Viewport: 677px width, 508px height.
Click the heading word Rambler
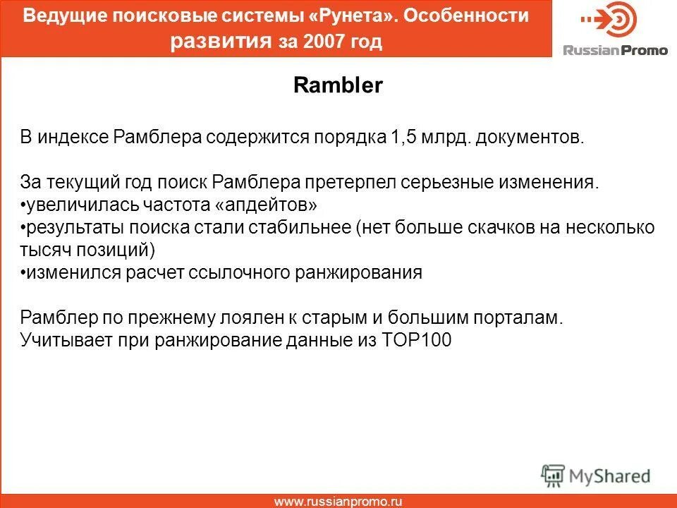click(x=338, y=86)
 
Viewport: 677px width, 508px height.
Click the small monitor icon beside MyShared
click(x=554, y=475)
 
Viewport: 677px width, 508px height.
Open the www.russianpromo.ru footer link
click(x=338, y=502)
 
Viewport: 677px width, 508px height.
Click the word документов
click(x=531, y=137)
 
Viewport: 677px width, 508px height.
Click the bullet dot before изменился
click(x=23, y=274)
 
